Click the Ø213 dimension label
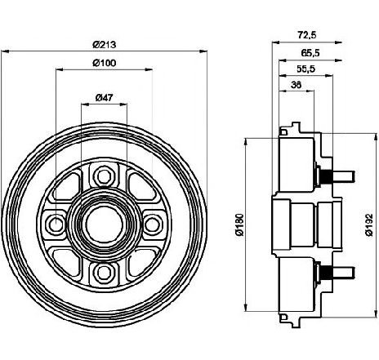pos(105,44)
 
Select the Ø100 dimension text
pos(105,63)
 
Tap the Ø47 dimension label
pos(104,97)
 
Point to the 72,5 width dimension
pos(307,35)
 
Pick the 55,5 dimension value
pos(305,69)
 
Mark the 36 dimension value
pos(297,85)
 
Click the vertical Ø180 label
pos(239,224)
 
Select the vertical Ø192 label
pos(369,224)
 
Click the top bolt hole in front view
pos(104,176)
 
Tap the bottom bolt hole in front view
pos(104,273)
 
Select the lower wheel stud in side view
pos(336,273)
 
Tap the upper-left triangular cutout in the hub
pos(67,186)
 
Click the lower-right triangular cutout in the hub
pos(141,262)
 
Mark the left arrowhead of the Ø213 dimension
pos(6,51)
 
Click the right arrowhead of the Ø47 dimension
pos(123,104)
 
